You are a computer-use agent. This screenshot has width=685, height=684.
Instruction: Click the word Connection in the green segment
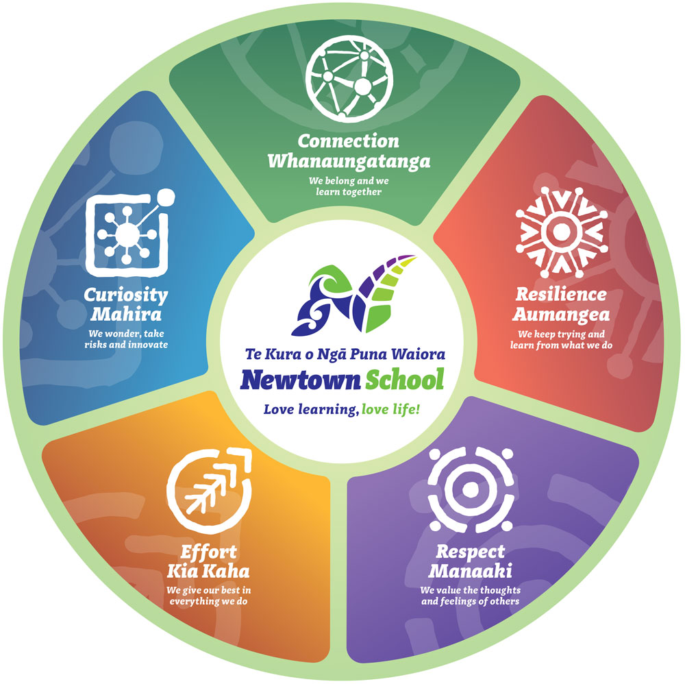tap(348, 142)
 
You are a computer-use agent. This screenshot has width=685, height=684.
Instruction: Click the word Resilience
tap(561, 295)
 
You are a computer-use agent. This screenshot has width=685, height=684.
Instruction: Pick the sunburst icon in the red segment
tap(561, 230)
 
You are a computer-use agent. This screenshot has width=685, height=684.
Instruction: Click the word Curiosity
tap(125, 295)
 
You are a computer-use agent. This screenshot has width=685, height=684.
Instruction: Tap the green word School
tap(403, 379)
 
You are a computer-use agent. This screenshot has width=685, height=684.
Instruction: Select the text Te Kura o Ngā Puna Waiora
tap(345, 354)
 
